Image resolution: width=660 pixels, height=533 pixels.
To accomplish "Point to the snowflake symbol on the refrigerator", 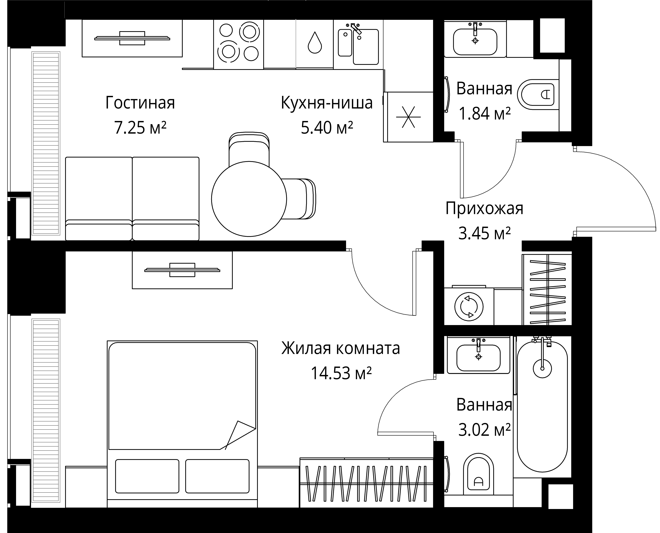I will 408,117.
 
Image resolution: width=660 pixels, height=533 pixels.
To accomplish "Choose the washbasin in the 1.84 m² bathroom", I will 475,42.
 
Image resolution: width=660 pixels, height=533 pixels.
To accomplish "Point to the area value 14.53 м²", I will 341,373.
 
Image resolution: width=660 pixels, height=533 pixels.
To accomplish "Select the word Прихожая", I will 484,208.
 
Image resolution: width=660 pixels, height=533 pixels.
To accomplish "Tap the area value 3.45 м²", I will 484,233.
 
